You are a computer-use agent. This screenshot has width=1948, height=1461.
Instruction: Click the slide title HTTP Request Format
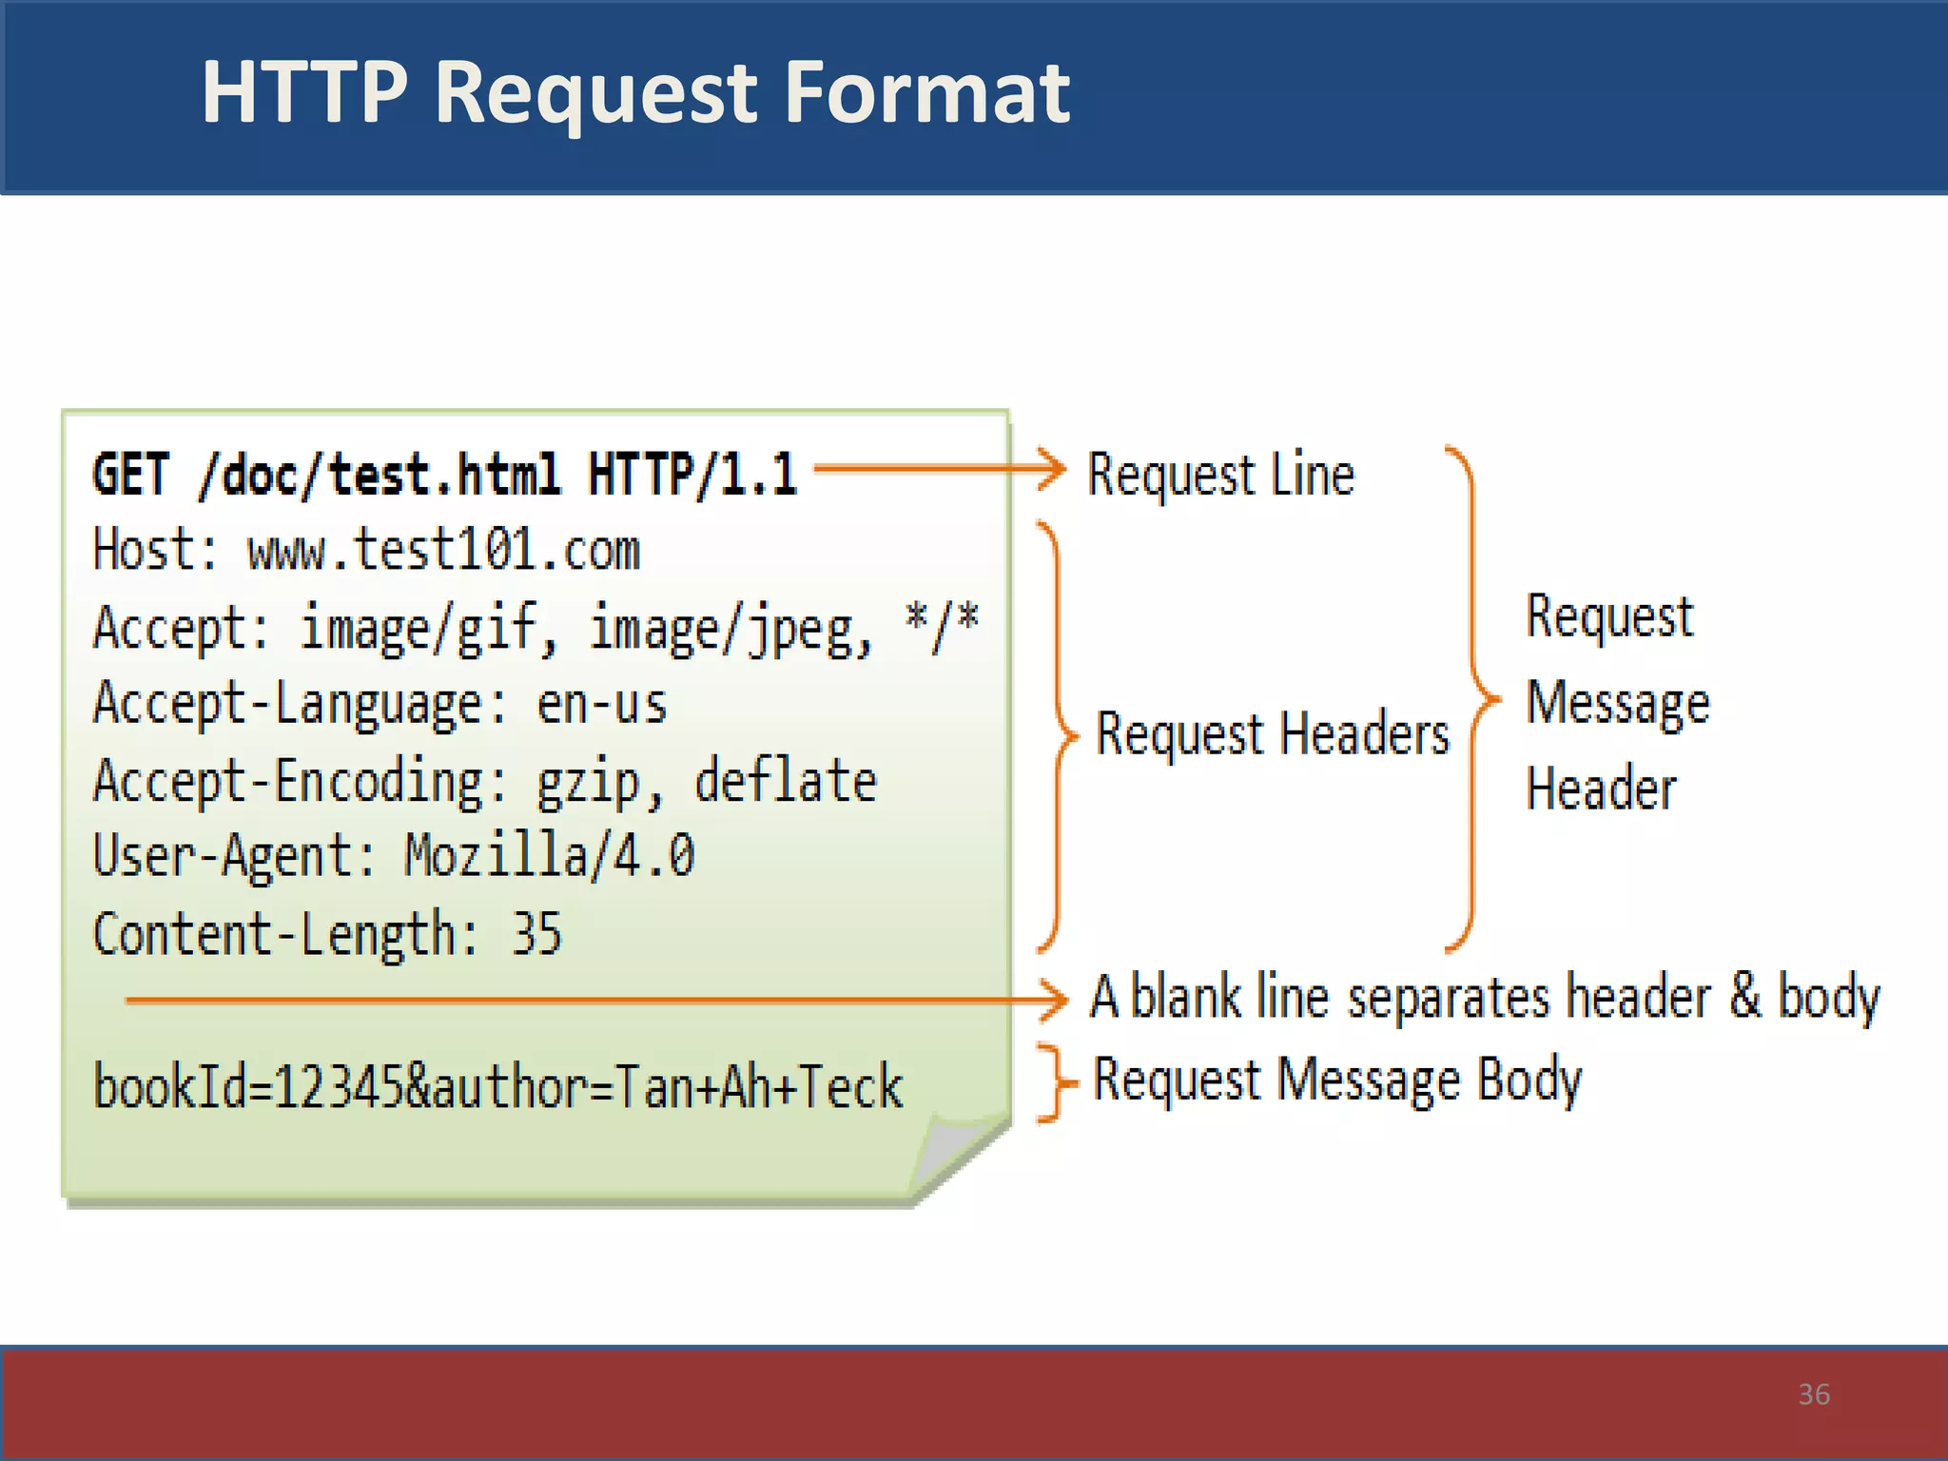[635, 92]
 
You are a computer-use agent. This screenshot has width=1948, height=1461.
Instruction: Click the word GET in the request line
[131, 475]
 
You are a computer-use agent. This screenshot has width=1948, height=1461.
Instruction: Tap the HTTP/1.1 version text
[692, 475]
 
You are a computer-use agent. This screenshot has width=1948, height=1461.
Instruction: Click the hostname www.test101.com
[443, 551]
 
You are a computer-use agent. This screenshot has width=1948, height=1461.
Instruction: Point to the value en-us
[601, 705]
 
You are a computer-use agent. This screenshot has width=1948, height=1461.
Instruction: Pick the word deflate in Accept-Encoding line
[785, 781]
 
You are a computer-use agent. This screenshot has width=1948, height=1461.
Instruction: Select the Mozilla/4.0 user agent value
[550, 855]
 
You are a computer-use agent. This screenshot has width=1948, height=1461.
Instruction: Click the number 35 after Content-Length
[536, 933]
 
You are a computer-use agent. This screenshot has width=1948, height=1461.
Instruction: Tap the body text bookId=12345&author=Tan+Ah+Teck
[497, 1086]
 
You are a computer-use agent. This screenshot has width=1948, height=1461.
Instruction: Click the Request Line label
[1220, 475]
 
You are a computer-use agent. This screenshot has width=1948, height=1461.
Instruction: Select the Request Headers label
[1273, 734]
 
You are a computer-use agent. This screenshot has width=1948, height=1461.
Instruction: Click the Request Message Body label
[1336, 1081]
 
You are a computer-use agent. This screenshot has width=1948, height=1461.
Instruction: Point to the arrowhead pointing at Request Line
[1054, 469]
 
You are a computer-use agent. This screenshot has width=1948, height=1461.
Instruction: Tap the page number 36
[1814, 1394]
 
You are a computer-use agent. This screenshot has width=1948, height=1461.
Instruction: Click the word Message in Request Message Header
[1617, 704]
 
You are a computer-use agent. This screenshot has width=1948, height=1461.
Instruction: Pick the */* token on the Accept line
[941, 627]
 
